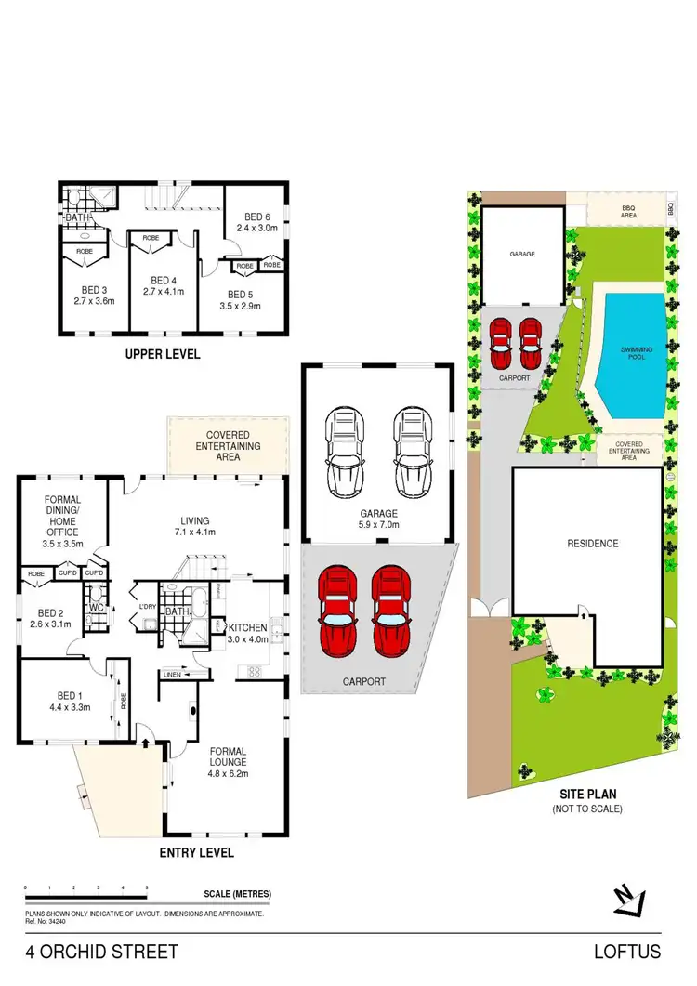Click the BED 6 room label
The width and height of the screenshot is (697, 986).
point(250,214)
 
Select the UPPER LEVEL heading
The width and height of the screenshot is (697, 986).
point(163,354)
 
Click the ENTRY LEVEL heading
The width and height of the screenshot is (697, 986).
point(196,852)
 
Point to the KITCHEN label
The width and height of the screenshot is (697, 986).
point(248,628)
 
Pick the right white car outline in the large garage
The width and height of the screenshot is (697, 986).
point(412,453)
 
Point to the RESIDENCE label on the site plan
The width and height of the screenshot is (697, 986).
point(592,543)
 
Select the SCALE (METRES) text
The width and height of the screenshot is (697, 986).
point(237,894)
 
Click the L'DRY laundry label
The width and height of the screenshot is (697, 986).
point(146,608)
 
